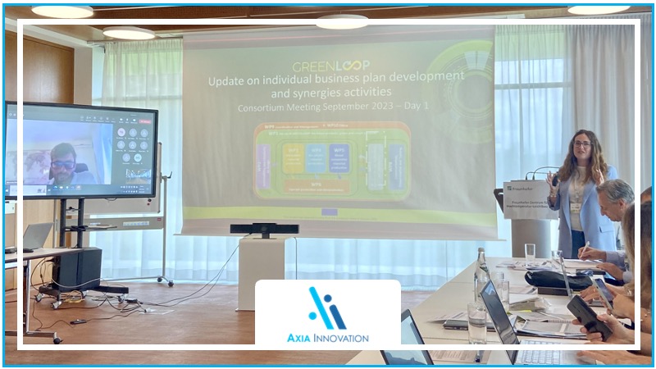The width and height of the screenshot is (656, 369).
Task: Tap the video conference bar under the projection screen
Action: (264, 229)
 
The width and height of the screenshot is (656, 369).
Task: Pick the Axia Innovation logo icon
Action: (327, 308)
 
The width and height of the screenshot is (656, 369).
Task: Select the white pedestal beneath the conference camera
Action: (261, 262)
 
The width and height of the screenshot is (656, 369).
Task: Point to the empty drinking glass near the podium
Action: (530, 251)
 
